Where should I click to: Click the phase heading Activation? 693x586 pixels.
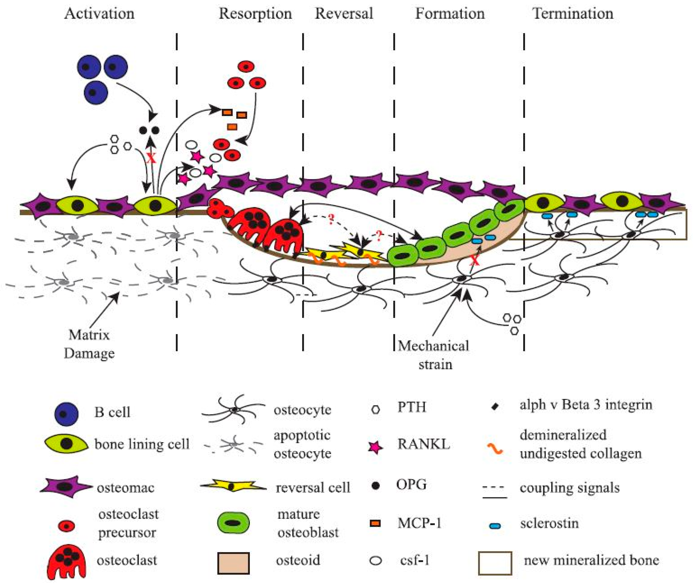pos(99,14)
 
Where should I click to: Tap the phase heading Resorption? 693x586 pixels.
pos(255,14)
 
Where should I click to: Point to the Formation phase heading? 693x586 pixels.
pos(450,14)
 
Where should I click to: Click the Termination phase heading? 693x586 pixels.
pos(573,14)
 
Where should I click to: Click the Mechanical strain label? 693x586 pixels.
pos(434,355)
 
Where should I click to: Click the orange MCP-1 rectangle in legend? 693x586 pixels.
pos(375,523)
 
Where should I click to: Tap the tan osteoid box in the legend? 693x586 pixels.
pos(233,563)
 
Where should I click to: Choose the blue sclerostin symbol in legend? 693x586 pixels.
pos(495,526)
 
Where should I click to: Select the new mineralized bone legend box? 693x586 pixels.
pos(495,563)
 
